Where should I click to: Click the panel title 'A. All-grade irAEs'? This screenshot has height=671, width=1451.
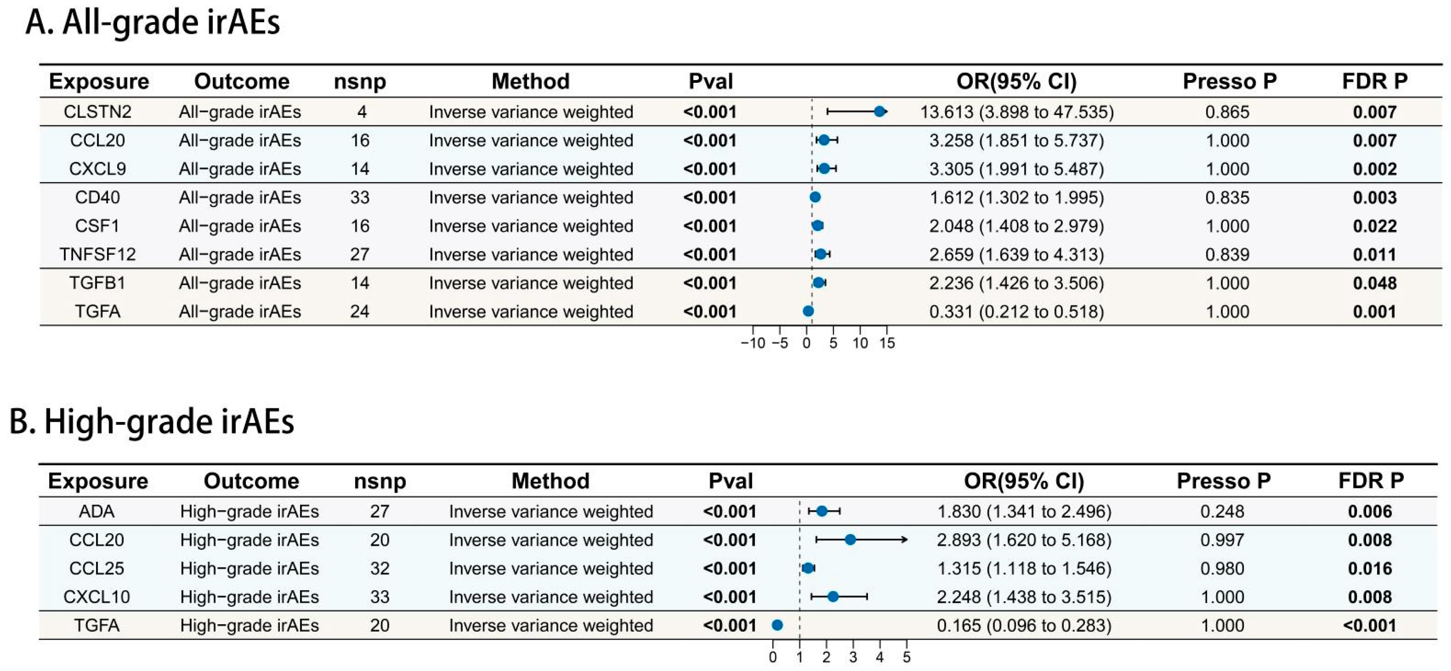click(153, 23)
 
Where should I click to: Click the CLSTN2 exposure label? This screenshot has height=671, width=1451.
click(97, 112)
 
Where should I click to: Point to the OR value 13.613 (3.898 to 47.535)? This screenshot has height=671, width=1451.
click(1017, 112)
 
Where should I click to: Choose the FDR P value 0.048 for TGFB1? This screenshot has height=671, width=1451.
click(1375, 283)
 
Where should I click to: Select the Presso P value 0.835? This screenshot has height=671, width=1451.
click(1227, 198)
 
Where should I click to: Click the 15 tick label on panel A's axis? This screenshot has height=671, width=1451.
click(886, 343)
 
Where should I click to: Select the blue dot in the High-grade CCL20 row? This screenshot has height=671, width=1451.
click(850, 540)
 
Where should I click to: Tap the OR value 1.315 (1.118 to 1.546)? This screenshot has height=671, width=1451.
click(1024, 569)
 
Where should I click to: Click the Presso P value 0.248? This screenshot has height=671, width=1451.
click(1222, 512)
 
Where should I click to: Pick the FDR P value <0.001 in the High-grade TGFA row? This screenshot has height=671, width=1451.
click(1369, 626)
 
